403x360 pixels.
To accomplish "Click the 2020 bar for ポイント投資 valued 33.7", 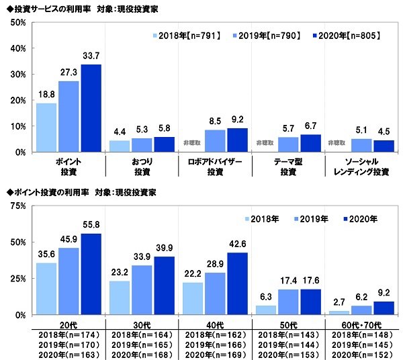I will (x=91, y=108).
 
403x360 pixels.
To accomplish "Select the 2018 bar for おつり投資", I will (x=119, y=146).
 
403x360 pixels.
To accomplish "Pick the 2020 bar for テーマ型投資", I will (x=310, y=143).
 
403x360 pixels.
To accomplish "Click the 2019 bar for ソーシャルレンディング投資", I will (x=360, y=145).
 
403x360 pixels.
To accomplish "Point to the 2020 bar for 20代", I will (x=91, y=273).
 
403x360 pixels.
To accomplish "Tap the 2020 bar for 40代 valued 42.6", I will (x=237, y=283).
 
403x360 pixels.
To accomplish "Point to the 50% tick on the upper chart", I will (x=18, y=23).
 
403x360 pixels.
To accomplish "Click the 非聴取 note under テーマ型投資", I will (x=264, y=143).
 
